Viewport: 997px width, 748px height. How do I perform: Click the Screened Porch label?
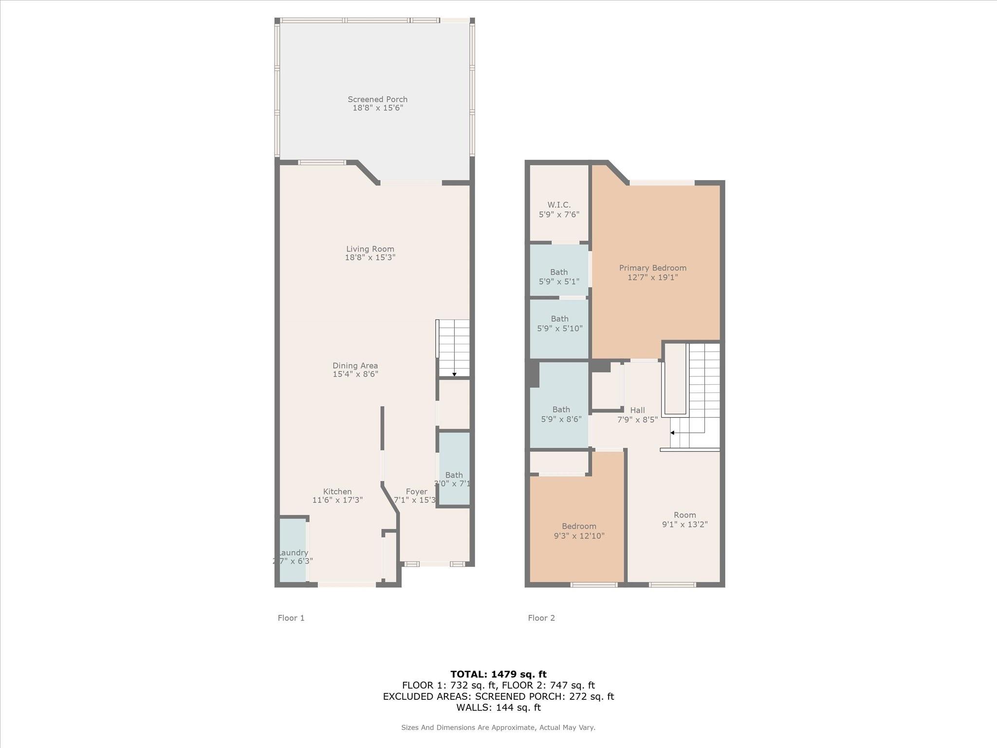pyautogui.click(x=377, y=99)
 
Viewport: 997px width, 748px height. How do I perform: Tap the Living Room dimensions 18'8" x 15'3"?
pyautogui.click(x=370, y=258)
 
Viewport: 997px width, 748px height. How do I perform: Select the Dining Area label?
pyautogui.click(x=355, y=366)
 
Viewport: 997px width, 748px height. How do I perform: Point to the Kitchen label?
pyautogui.click(x=337, y=492)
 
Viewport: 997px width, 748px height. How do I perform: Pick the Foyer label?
pyautogui.click(x=417, y=492)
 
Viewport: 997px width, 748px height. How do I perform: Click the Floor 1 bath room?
pyautogui.click(x=454, y=469)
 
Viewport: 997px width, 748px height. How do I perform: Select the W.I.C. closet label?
pyautogui.click(x=559, y=205)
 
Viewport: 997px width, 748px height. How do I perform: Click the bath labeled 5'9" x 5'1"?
pyautogui.click(x=559, y=271)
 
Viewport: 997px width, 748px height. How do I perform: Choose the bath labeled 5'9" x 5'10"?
pyautogui.click(x=559, y=329)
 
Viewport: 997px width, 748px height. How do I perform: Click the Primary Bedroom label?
pyautogui.click(x=653, y=268)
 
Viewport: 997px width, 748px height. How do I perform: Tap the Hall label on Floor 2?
pyautogui.click(x=637, y=410)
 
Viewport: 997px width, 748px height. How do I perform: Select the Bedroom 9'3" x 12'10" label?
pyautogui.click(x=579, y=526)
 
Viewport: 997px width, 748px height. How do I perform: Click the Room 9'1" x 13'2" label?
pyautogui.click(x=684, y=515)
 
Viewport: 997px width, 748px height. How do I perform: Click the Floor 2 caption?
pyautogui.click(x=541, y=618)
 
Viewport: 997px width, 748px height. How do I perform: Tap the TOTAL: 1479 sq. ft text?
pyautogui.click(x=498, y=674)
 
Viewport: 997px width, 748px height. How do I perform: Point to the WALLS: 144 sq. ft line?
pyautogui.click(x=498, y=708)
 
